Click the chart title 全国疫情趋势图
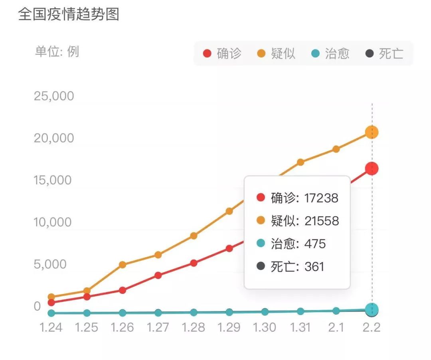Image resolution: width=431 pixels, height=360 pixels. [x=69, y=15]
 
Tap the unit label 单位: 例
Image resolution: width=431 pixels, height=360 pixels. [x=57, y=52]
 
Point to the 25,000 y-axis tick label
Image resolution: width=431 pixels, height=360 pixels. [x=54, y=96]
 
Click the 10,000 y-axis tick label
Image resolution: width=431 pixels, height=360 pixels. [x=53, y=222]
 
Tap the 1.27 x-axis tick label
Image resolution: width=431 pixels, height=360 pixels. [x=158, y=327]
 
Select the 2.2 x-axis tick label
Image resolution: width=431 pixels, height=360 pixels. [x=372, y=327]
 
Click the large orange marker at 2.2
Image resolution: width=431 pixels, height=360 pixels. [x=372, y=132]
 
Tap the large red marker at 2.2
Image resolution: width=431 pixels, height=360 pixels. [x=372, y=169]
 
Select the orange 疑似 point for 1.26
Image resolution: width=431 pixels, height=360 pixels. [x=123, y=265]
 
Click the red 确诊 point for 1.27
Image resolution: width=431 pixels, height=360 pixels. [x=158, y=275]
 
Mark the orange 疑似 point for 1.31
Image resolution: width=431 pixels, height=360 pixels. [x=301, y=162]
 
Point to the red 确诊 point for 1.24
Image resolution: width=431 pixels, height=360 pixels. [x=51, y=303]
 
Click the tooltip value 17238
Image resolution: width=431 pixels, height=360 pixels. [x=321, y=198]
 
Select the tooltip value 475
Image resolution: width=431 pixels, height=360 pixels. [x=315, y=244]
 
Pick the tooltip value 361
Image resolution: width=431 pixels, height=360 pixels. [x=314, y=266]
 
